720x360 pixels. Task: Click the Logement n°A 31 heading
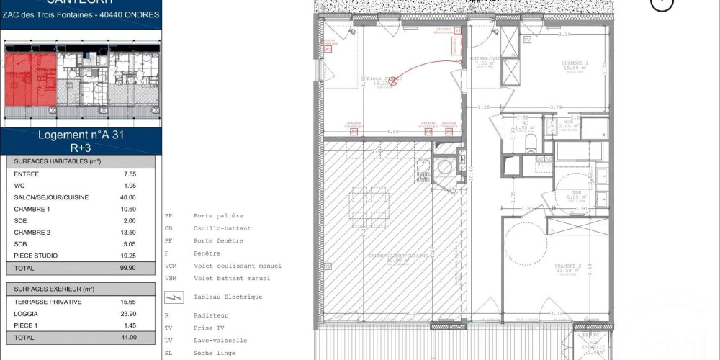[x=81, y=134]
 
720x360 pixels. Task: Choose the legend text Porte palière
[x=218, y=215]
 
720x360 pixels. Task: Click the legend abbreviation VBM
[x=171, y=278]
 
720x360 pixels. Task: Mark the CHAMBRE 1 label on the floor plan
[x=575, y=63]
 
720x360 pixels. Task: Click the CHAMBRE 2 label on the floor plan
[x=567, y=266]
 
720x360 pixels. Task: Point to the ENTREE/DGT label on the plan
[x=483, y=58]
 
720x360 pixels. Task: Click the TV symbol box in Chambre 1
[x=527, y=41]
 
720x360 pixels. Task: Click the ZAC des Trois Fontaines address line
[x=81, y=14]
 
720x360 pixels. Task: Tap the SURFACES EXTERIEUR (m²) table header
[x=54, y=289]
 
